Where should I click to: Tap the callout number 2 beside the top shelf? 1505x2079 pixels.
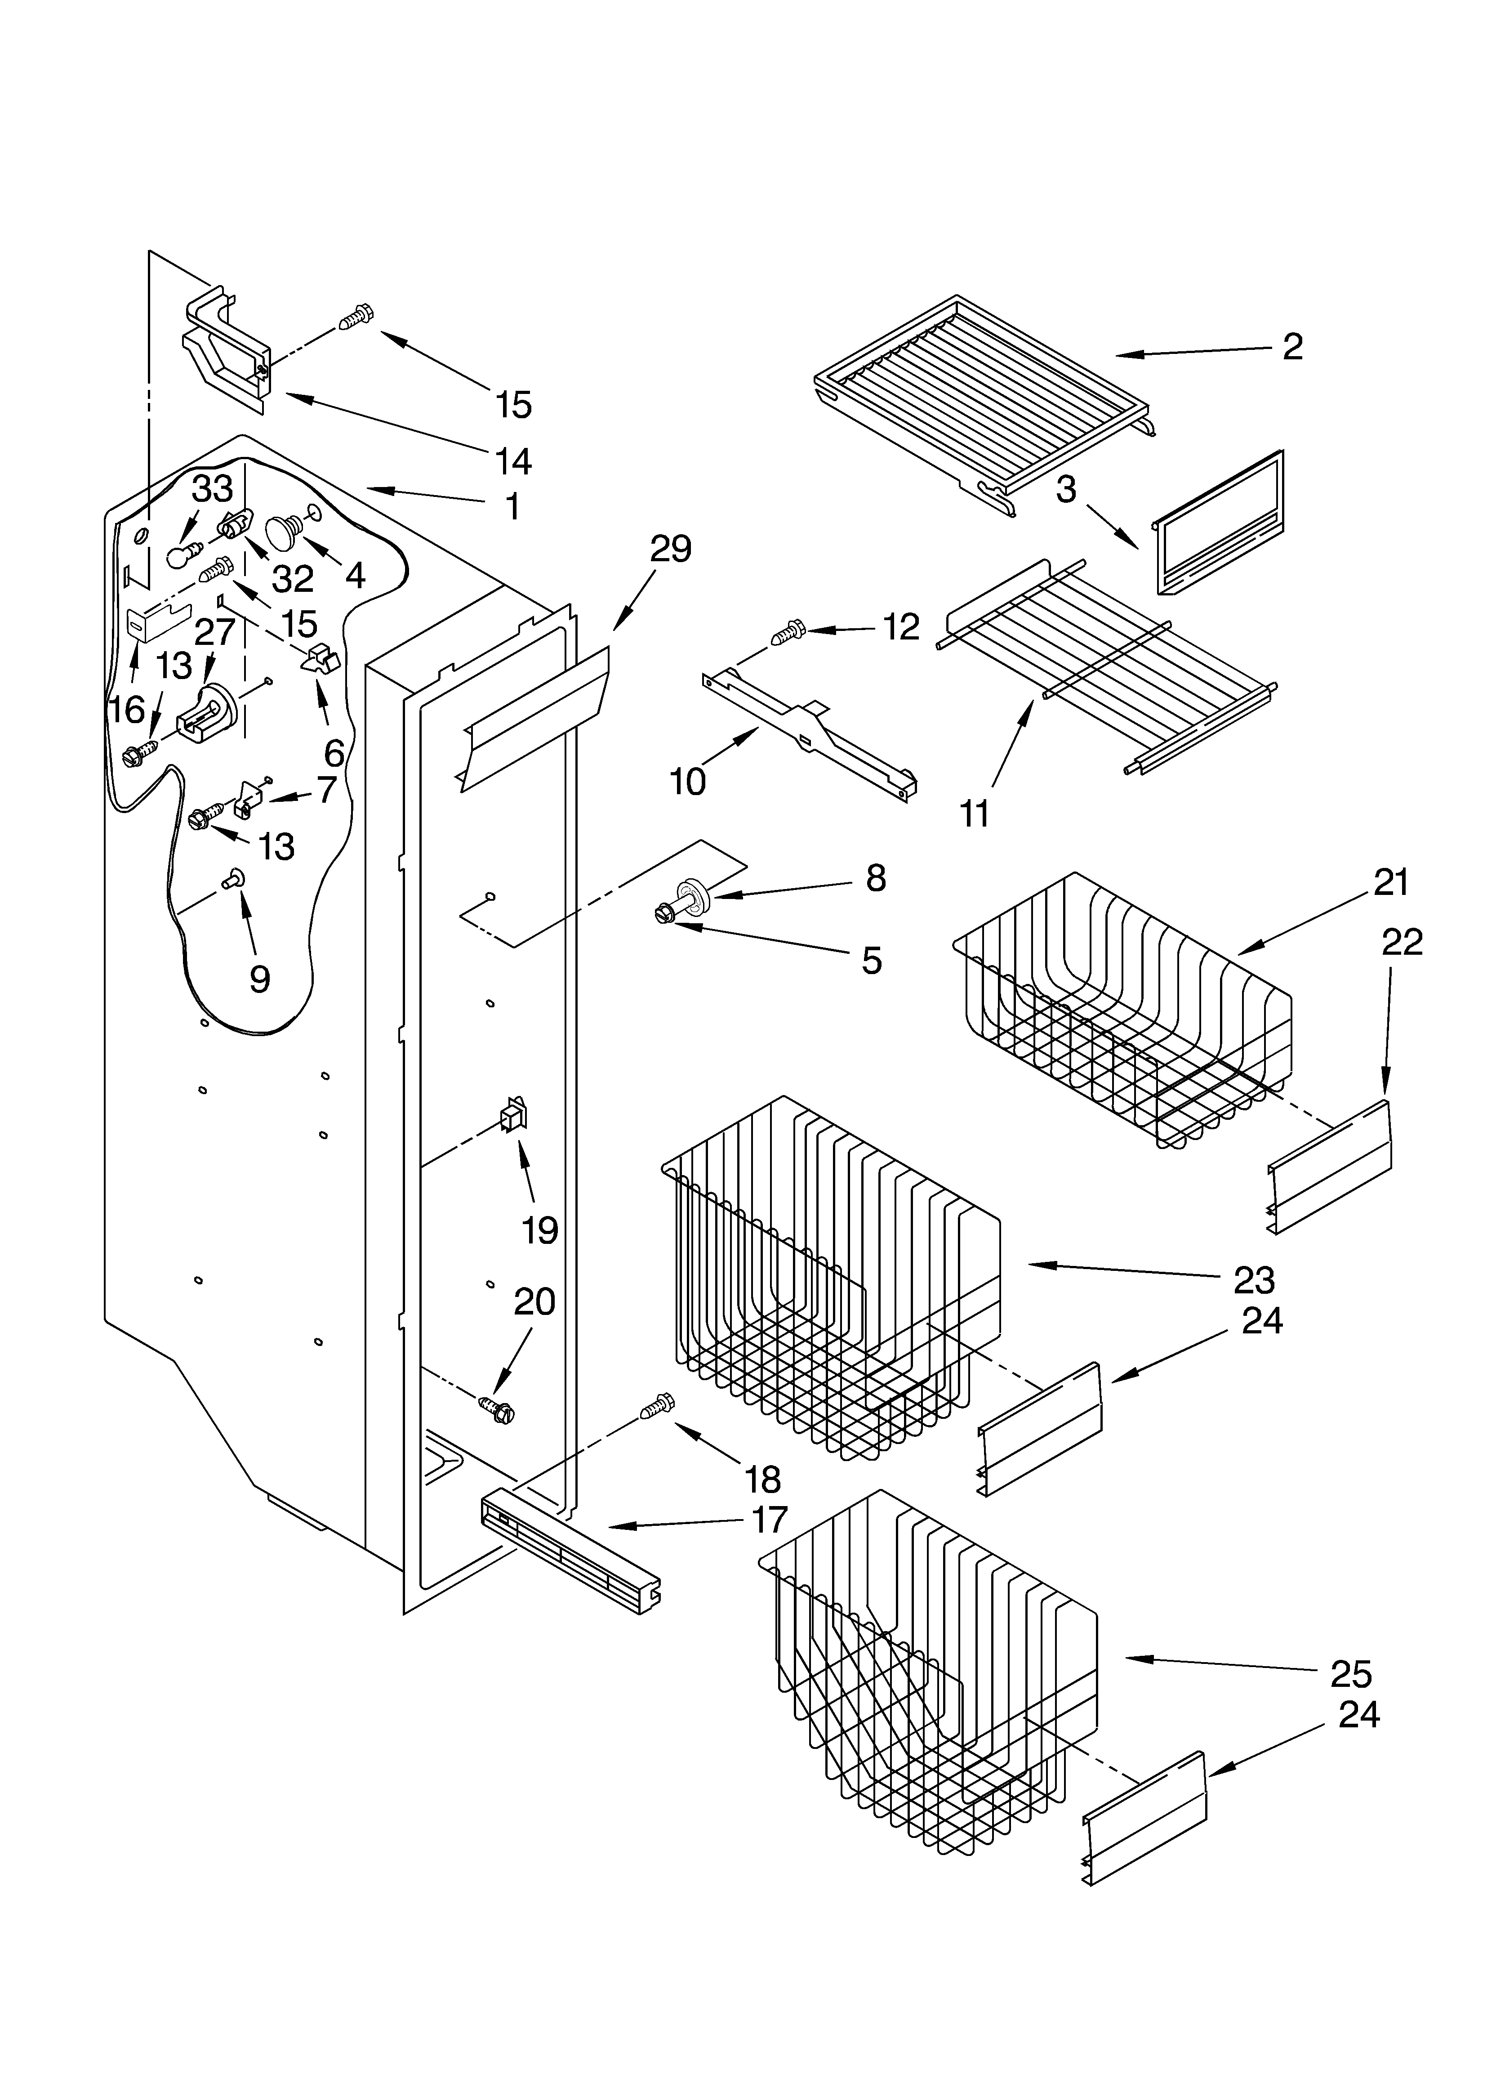pyautogui.click(x=1292, y=346)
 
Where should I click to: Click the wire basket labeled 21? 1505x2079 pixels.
pyautogui.click(x=1123, y=1008)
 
